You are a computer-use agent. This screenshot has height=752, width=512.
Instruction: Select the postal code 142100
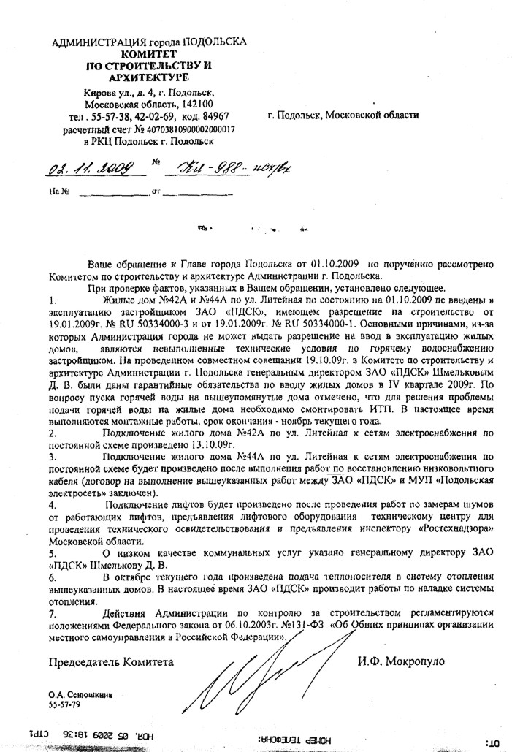[x=194, y=105]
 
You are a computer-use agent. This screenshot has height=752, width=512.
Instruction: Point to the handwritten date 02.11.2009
[x=95, y=169]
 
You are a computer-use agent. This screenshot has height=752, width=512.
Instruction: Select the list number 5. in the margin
[x=50, y=555]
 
